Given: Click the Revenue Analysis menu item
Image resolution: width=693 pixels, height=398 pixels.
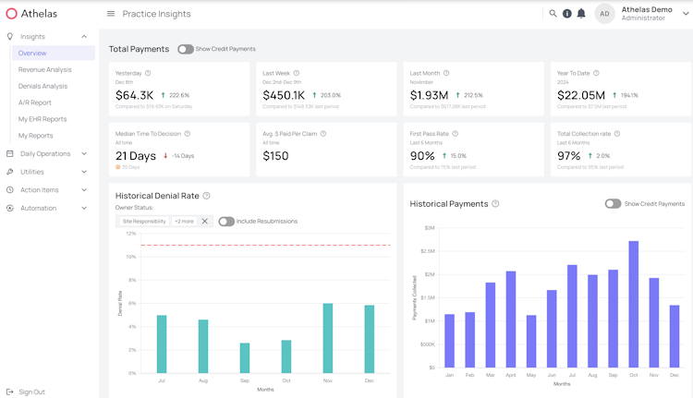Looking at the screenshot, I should coord(44,69).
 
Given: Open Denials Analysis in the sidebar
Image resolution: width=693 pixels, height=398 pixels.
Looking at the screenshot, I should coord(43,86).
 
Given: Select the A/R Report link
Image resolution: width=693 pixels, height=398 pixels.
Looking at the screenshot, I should coord(35,103).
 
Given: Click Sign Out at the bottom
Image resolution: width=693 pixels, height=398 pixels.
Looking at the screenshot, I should coord(31,392).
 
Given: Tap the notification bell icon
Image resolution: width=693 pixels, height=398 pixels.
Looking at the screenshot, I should coord(581,14).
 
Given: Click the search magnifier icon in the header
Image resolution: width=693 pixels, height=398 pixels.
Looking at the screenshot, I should coord(553,14).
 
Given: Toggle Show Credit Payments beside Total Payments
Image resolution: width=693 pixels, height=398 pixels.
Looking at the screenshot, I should coord(186,49).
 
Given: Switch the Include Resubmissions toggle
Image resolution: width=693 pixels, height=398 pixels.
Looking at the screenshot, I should coord(226,222).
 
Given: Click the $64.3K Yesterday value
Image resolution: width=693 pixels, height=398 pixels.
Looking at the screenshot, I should coord(135,95).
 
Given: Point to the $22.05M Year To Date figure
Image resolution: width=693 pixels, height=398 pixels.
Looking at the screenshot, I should coord(581,95).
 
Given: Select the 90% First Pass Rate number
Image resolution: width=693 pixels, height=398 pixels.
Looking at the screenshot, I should coord(422,156).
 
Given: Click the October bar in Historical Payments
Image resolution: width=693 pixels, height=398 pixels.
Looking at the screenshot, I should coord(634,304).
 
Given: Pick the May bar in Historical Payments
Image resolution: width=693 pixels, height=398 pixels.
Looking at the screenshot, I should coord(531,341).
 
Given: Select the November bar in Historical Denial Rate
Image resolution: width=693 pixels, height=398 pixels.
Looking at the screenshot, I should coord(328,338).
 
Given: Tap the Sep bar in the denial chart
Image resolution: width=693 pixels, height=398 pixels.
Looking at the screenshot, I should coord(245,358).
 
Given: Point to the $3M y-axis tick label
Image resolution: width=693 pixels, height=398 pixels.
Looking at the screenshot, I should coord(430,227).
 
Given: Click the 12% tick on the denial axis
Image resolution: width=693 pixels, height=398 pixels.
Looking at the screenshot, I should coord(130,234).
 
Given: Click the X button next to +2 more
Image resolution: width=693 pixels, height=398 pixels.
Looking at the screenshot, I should coord(205,222).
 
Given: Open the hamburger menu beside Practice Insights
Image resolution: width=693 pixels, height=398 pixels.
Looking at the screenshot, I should coord(111,14).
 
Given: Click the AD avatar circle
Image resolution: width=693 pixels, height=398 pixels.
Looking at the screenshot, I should coord(604,14).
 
